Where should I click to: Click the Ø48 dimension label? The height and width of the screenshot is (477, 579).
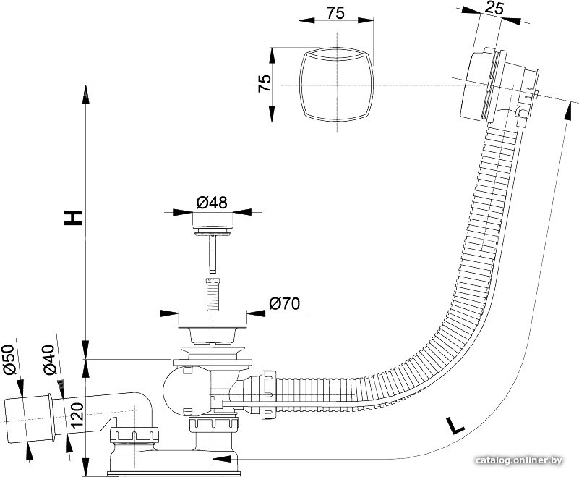click(212, 202)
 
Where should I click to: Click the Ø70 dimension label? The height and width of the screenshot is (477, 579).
click(284, 303)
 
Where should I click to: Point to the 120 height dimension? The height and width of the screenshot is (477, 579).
click(77, 415)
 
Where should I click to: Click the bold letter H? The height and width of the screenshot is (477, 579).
click(73, 217)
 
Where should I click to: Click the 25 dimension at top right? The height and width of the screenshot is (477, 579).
click(494, 8)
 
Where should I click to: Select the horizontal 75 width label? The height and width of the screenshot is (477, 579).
click(335, 13)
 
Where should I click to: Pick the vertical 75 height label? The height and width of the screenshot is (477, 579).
click(265, 84)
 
